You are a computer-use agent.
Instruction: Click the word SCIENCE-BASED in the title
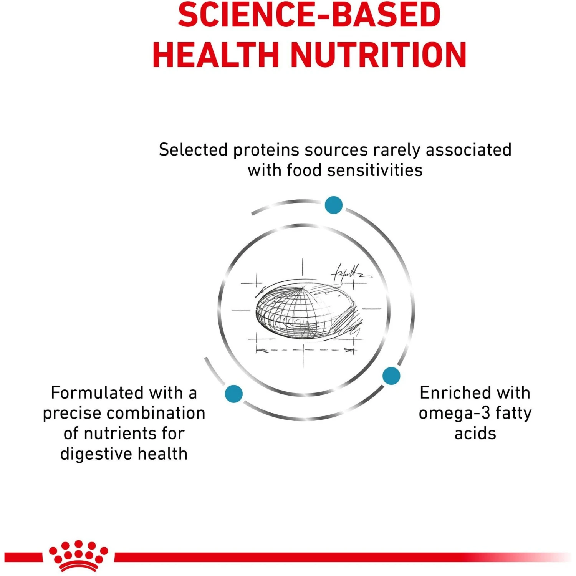point(309,15)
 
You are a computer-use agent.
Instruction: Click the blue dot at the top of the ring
point(333,205)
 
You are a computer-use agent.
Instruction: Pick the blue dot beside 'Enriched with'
point(391,376)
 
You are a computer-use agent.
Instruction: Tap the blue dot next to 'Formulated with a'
point(233,394)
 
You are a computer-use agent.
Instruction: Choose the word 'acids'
point(475,434)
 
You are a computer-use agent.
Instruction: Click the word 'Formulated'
point(97,393)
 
